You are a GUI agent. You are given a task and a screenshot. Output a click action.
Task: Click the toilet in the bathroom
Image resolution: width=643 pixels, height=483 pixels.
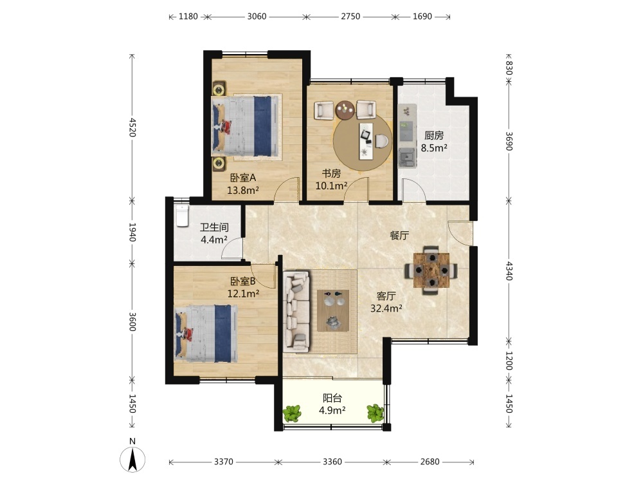pyautogui.click(x=182, y=216)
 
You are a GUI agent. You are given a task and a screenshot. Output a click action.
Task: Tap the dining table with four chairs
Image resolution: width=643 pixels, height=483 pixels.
pyautogui.click(x=431, y=270)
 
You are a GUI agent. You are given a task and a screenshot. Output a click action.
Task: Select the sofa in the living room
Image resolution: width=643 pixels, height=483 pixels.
pyautogui.click(x=296, y=311)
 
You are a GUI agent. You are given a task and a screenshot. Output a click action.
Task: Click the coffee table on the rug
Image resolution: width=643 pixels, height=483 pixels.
pyautogui.click(x=333, y=310)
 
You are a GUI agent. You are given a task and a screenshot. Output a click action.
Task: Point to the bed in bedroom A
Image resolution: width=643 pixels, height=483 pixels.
pyautogui.click(x=245, y=126)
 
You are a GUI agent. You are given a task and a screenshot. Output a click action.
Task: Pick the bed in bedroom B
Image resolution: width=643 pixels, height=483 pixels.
pyautogui.click(x=206, y=333)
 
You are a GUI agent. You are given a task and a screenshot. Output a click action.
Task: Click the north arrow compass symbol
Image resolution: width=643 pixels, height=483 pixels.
pyautogui.click(x=132, y=457)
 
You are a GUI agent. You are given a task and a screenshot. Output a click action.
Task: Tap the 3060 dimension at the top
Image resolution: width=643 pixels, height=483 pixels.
pyautogui.click(x=257, y=17)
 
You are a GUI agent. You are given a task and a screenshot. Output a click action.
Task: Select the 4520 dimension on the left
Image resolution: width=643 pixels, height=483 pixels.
pyautogui.click(x=132, y=128)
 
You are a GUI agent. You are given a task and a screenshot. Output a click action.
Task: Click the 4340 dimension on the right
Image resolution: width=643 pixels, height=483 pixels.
pyautogui.click(x=509, y=270)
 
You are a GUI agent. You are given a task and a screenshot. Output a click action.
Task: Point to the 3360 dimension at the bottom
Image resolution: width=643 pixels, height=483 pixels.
pyautogui.click(x=332, y=462)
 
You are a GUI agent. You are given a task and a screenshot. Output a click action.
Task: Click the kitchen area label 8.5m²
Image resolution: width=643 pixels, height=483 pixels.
pyautogui.click(x=434, y=148)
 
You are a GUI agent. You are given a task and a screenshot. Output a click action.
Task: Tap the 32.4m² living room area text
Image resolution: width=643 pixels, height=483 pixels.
pyautogui.click(x=386, y=308)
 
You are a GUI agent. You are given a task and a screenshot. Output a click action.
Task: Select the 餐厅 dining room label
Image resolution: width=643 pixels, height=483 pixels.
pyautogui.click(x=399, y=235)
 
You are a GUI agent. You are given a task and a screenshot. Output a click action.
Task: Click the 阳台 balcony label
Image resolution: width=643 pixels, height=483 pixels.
pyautogui.click(x=332, y=398)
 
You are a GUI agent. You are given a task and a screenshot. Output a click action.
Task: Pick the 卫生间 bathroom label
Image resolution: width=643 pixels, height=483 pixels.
pyautogui.click(x=214, y=227)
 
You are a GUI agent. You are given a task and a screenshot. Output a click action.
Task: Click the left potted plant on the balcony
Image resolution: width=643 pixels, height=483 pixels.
pyautogui.click(x=292, y=413)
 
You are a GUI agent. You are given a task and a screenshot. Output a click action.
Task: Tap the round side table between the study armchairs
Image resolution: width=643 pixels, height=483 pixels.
pyautogui.click(x=345, y=109)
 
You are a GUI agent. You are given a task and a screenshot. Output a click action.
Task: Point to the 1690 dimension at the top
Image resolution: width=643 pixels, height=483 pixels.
pyautogui.click(x=422, y=17)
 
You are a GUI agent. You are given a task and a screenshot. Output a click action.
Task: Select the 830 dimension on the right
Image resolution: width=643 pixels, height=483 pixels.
pyautogui.click(x=509, y=68)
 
